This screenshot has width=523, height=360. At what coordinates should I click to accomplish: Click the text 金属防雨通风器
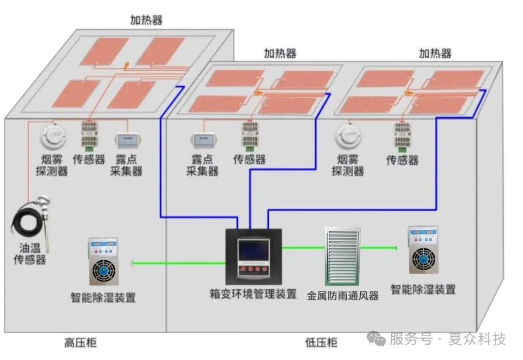pos(342,296)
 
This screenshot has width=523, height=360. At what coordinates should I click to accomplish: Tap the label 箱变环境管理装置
pos(253,294)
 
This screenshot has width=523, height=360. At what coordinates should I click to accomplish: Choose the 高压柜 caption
pos(80,343)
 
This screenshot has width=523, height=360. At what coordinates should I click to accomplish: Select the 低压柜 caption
pos(321,343)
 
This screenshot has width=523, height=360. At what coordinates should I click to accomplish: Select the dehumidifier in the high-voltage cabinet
pos(104,261)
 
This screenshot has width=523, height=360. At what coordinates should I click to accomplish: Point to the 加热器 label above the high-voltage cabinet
pos(146,20)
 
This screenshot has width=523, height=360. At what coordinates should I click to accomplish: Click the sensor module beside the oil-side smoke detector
pos(89,134)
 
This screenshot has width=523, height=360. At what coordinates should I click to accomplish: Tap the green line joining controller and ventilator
pos(303,248)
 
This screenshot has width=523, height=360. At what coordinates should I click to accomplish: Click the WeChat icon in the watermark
pos(377,338)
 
